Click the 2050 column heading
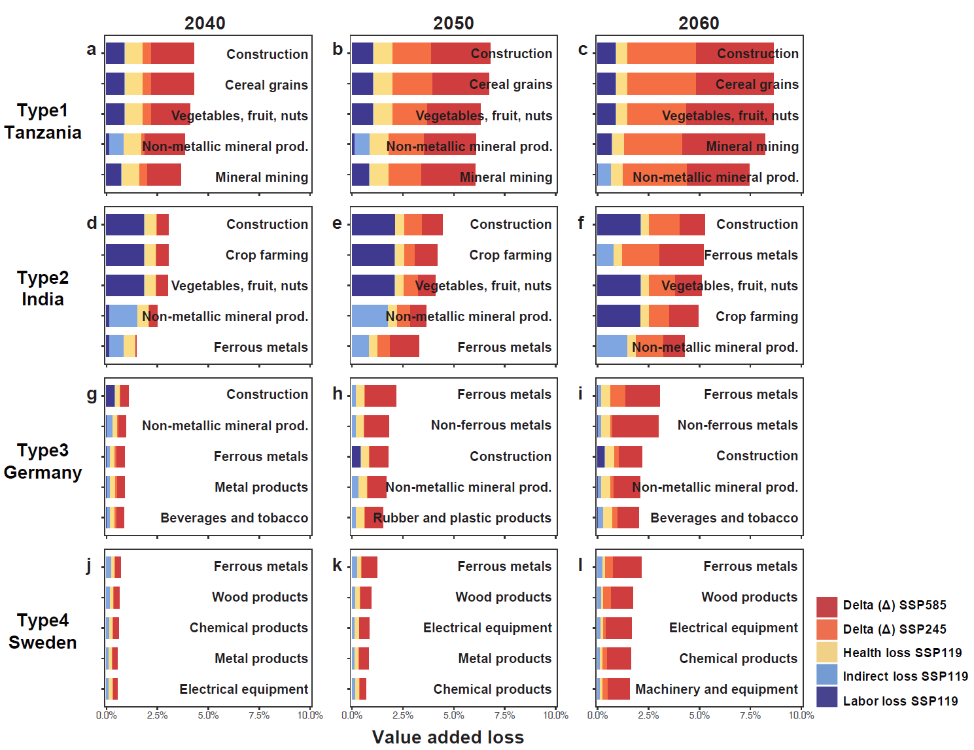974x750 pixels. click(x=453, y=24)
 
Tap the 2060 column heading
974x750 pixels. click(x=699, y=24)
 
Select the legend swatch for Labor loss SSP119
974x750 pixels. click(x=827, y=697)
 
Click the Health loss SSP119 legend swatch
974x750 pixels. click(x=827, y=653)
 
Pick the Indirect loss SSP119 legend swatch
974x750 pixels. click(x=827, y=675)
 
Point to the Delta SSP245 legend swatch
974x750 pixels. click(x=827, y=629)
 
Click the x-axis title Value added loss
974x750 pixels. click(x=448, y=737)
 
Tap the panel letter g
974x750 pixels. click(x=92, y=394)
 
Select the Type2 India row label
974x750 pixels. click(x=43, y=288)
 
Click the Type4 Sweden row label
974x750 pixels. click(x=43, y=632)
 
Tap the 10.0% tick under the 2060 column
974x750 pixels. click(x=801, y=715)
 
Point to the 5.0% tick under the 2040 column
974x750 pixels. click(x=208, y=715)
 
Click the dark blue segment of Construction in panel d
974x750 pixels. click(x=125, y=224)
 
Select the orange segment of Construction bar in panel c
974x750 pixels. click(x=661, y=54)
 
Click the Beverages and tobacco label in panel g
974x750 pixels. click(x=234, y=518)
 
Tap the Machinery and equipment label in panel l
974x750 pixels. click(x=716, y=689)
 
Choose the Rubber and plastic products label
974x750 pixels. click(x=462, y=518)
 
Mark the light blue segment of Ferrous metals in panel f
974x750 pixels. click(x=605, y=255)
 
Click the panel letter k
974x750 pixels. click(x=337, y=565)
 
